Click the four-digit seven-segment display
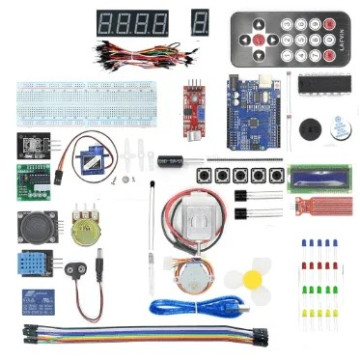[x=133, y=22]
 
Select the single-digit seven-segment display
[x=200, y=22]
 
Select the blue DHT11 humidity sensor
[x=35, y=264]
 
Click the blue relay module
[x=38, y=301]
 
